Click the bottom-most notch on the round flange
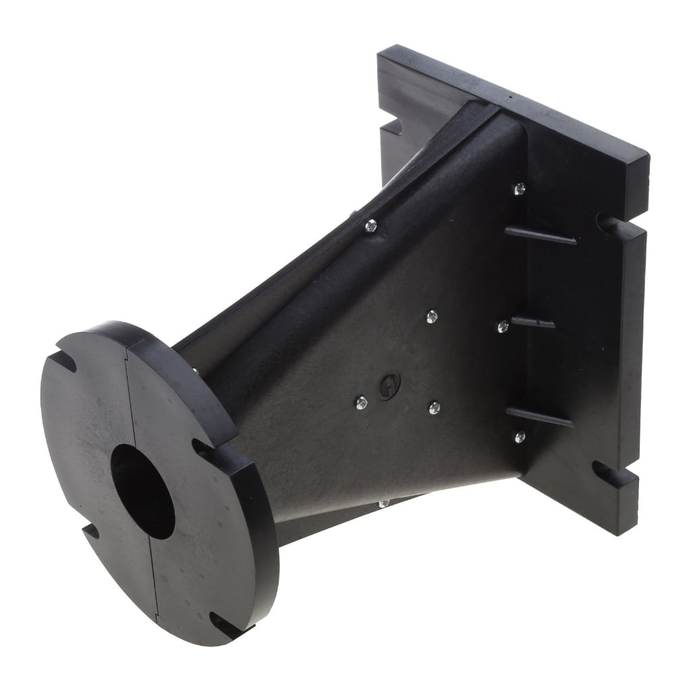[x=225, y=624]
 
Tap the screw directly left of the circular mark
[x=361, y=403]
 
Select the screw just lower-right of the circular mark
[x=434, y=408]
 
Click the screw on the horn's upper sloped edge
[x=370, y=226]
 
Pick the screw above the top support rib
[x=519, y=189]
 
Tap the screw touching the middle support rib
[x=503, y=327]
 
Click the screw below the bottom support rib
[x=519, y=437]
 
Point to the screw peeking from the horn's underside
[x=383, y=503]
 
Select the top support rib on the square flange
[x=541, y=236]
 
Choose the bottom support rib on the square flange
[x=539, y=417]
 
